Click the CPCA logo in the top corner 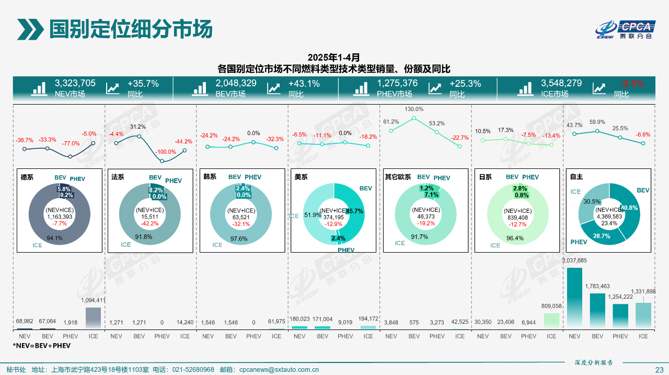(x=625, y=30)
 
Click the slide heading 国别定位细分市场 (x=130, y=29)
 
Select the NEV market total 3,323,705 (x=75, y=83)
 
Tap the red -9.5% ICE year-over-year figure (x=632, y=83)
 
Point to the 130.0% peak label (x=414, y=109)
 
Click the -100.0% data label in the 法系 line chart (x=166, y=152)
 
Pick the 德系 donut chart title (x=27, y=177)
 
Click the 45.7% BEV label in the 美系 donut (x=354, y=211)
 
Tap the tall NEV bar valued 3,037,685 (x=574, y=298)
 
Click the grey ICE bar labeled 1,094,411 (x=93, y=318)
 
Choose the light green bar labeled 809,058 (x=551, y=321)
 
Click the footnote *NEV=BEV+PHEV (x=42, y=346)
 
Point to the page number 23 (x=659, y=370)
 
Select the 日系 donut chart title (x=486, y=177)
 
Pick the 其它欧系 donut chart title (x=398, y=177)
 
